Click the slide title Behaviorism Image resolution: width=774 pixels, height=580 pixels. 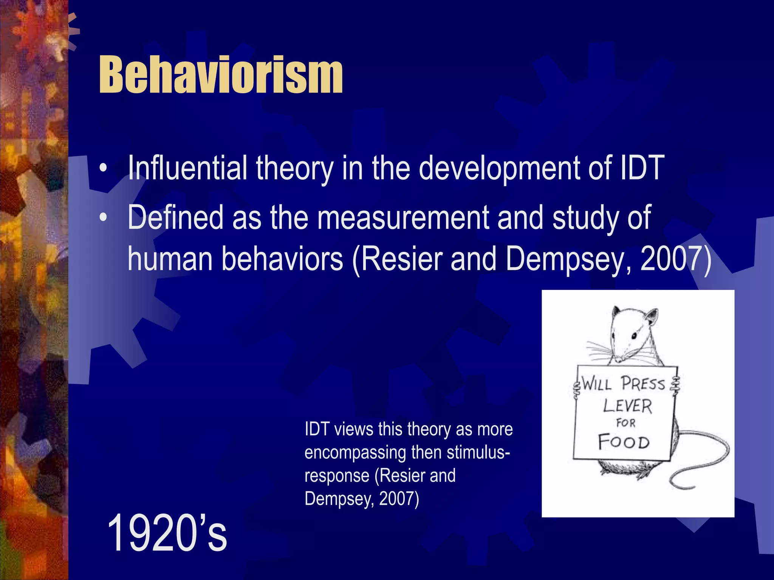(221, 74)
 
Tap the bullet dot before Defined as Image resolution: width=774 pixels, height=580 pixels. (103, 219)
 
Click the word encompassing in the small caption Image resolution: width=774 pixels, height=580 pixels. (354, 452)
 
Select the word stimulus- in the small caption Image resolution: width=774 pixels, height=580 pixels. (478, 452)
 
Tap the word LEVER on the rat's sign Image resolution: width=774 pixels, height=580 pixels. (627, 406)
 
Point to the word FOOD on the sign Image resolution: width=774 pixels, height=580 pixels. (624, 442)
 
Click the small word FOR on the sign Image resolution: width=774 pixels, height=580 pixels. (626, 423)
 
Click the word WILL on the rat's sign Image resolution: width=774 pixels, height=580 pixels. (596, 384)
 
